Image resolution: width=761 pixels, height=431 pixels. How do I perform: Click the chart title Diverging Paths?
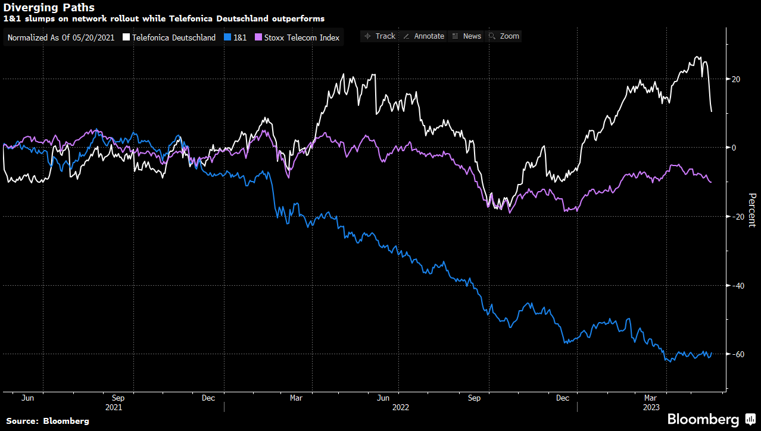click(x=49, y=8)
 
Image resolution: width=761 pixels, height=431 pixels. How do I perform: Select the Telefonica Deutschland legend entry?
click(x=173, y=38)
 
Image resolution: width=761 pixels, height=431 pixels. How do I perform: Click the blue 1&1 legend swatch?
click(x=227, y=38)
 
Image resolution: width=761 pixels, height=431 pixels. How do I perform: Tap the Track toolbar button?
click(x=380, y=36)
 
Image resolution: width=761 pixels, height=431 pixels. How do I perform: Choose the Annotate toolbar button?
click(x=424, y=36)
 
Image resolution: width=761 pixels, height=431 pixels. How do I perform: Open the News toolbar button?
click(x=467, y=36)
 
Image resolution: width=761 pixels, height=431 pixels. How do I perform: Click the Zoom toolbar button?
click(x=504, y=36)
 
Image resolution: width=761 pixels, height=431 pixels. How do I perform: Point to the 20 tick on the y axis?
click(x=735, y=79)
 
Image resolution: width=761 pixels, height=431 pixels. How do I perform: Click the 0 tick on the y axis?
click(x=734, y=148)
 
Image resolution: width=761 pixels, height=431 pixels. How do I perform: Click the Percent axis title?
click(x=751, y=210)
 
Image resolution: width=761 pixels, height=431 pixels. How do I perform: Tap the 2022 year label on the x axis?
click(x=400, y=408)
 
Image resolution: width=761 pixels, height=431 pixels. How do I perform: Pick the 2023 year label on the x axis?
click(x=651, y=408)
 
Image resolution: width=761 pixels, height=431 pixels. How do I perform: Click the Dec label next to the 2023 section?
click(x=562, y=398)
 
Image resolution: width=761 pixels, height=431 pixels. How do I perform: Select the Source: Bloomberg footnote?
click(x=48, y=421)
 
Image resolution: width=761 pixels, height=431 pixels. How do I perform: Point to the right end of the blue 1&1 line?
click(x=712, y=353)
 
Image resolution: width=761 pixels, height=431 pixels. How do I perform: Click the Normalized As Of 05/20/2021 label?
click(x=61, y=38)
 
